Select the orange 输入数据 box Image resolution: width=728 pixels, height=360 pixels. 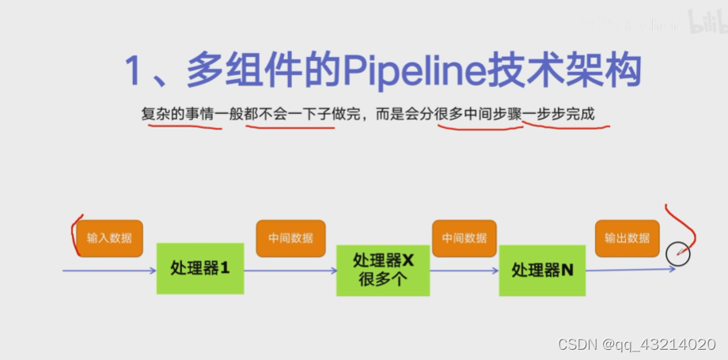pyautogui.click(x=110, y=238)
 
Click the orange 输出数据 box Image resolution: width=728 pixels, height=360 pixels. pyautogui.click(x=627, y=238)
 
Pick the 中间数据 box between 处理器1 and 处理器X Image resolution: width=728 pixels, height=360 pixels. pyautogui.click(x=290, y=238)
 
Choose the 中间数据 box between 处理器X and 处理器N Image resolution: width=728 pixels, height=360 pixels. pyautogui.click(x=464, y=238)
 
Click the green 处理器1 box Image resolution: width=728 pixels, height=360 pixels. pyautogui.click(x=199, y=269)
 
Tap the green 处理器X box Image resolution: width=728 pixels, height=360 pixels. pyautogui.click(x=383, y=269)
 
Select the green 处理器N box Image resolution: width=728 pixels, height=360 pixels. pyautogui.click(x=542, y=271)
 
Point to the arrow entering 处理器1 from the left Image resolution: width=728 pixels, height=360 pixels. pyautogui.click(x=110, y=271)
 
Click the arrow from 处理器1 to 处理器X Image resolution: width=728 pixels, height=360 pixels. pyautogui.click(x=290, y=271)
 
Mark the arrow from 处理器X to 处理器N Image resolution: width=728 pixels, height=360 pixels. pyautogui.click(x=464, y=271)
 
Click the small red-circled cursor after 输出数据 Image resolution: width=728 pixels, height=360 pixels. pyautogui.click(x=678, y=253)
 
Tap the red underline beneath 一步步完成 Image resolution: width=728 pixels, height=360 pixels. pyautogui.click(x=565, y=126)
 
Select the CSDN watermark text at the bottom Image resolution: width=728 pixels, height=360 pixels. pyautogui.click(x=642, y=345)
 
